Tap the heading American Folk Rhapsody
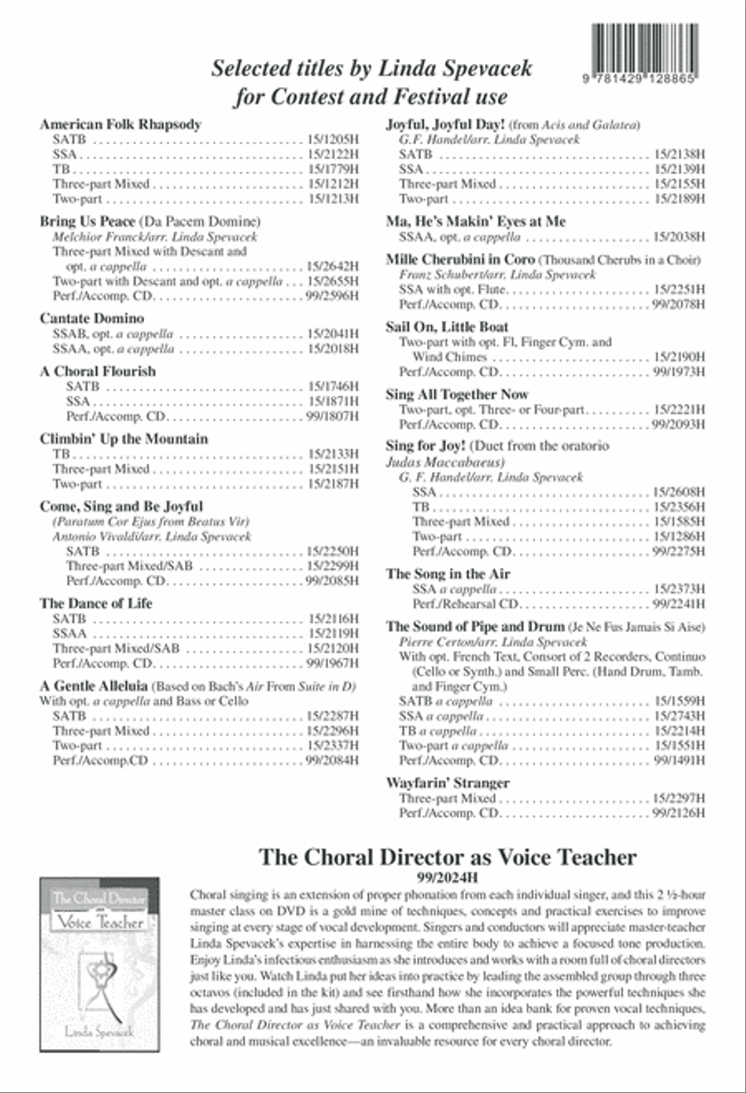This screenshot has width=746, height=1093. (x=120, y=124)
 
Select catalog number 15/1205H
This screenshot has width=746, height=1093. (x=332, y=140)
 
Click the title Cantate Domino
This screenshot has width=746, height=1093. (x=91, y=318)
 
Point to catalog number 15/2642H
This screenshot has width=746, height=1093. (x=332, y=266)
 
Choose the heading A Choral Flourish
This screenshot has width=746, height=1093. (x=97, y=372)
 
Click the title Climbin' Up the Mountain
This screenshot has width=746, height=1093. (x=124, y=439)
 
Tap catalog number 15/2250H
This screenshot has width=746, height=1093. (x=332, y=551)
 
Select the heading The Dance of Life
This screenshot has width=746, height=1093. (x=96, y=604)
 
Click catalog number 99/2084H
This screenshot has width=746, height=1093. (x=332, y=760)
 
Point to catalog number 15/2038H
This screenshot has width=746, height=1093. (x=679, y=237)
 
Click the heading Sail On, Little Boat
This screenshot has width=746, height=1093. (x=447, y=327)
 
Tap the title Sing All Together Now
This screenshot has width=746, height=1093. (x=457, y=395)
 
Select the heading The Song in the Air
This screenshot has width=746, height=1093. (x=448, y=574)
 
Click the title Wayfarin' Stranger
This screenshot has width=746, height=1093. (x=448, y=783)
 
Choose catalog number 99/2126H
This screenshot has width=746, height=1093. (x=679, y=814)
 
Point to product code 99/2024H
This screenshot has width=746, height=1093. (x=447, y=877)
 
